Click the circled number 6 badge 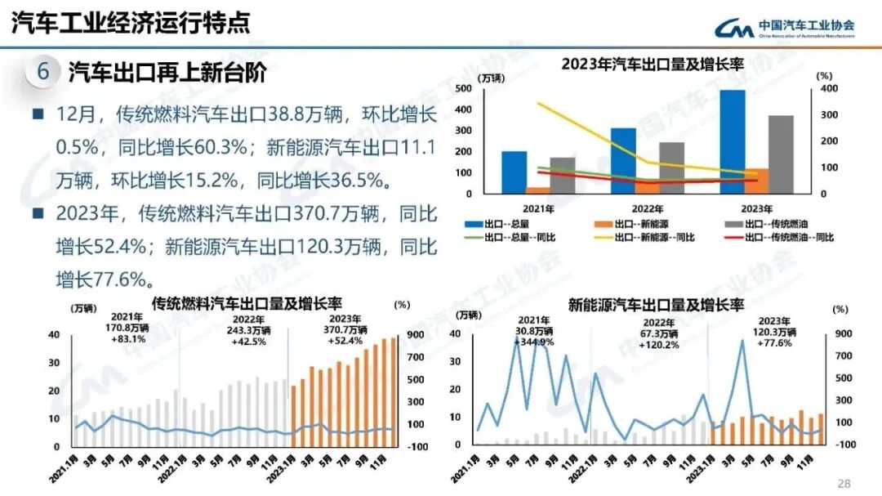tap(42, 72)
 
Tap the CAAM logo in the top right tap(784, 27)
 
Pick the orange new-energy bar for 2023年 tap(756, 181)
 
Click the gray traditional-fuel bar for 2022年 tap(671, 168)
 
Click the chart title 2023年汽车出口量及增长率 tap(652, 65)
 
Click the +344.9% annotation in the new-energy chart tap(534, 342)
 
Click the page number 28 tap(844, 483)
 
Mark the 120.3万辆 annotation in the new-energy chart tap(773, 332)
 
